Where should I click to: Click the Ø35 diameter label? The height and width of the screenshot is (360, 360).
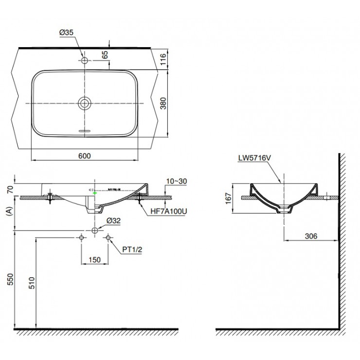point(66,33)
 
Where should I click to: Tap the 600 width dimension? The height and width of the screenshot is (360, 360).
point(85,156)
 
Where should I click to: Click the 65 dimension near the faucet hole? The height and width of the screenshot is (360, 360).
point(105,54)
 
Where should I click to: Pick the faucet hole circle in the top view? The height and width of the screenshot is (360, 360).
point(85,61)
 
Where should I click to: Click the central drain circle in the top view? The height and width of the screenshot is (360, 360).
point(85,103)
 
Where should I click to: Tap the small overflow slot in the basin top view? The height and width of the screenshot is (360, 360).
point(85,131)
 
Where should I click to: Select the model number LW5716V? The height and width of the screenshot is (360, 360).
point(254,158)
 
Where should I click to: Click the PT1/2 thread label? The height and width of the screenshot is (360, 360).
point(131,249)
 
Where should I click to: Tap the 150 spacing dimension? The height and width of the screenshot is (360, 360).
point(94,260)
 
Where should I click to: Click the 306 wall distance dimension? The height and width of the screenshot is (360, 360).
point(311,236)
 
